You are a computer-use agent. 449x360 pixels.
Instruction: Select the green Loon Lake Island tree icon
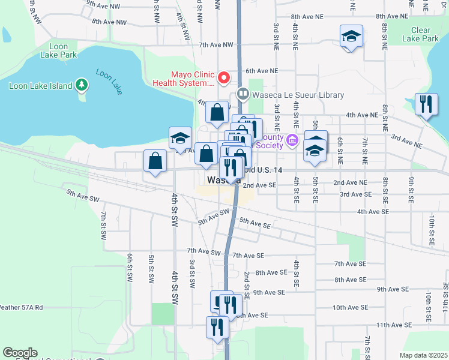[82, 86]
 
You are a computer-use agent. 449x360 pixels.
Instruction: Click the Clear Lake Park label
[425, 34]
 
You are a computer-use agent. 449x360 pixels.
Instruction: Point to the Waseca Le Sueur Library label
[298, 95]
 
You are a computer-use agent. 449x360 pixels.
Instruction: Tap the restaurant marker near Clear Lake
[426, 105]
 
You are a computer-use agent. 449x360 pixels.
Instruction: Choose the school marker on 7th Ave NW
[352, 37]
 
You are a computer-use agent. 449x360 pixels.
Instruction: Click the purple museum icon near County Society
[292, 140]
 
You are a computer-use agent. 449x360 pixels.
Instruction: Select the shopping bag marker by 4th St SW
[155, 161]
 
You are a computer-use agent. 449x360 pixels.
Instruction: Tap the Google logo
[20, 353]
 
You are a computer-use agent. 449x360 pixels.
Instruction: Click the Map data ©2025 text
[423, 355]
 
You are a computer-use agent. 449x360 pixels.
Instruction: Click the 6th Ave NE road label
[262, 70]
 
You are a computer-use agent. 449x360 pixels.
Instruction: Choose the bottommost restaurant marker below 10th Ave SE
[217, 326]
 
